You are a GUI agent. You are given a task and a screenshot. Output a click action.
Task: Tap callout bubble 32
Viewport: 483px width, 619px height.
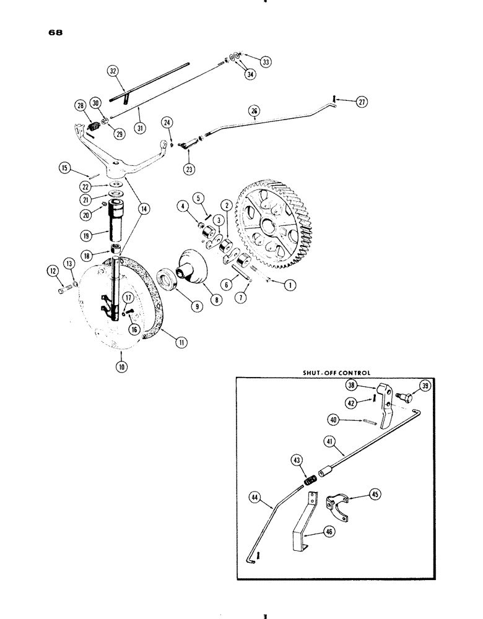click(113, 71)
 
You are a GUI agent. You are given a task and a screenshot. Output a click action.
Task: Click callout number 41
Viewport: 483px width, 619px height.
click(327, 442)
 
